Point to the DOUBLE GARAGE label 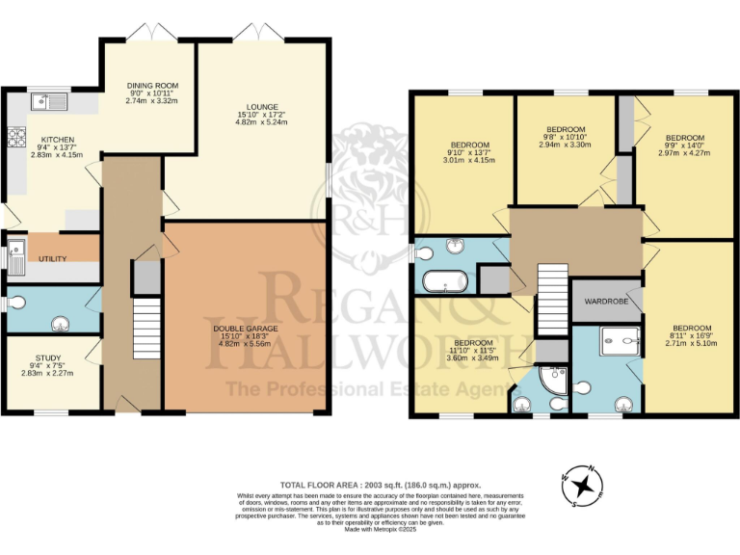(246, 329)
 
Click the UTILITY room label (52, 259)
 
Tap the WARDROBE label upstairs (605, 302)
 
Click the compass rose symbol (581, 484)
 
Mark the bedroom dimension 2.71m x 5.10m (692, 340)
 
